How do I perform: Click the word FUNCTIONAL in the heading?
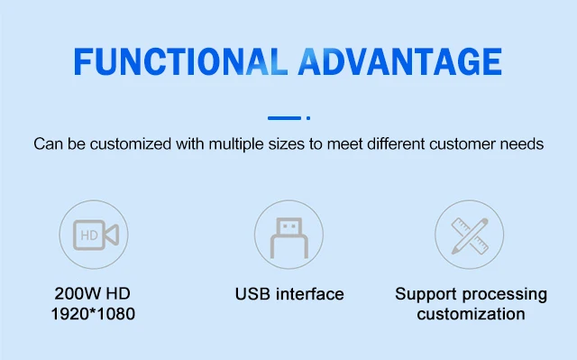180,61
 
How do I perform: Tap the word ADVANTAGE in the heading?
400,61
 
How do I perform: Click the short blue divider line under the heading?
285,118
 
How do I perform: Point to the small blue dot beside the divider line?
308,118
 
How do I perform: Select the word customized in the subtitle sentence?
131,144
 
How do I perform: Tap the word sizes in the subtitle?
287,144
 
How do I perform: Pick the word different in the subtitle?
396,144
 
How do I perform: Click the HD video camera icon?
96,235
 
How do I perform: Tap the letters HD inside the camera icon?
89,235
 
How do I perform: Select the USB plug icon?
289,238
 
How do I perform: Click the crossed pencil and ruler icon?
470,235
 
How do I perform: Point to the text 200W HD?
92,294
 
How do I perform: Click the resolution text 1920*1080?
93,314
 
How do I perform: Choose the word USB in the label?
252,294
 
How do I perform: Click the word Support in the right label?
426,294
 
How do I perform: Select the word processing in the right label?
505,294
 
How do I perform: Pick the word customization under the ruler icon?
471,314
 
